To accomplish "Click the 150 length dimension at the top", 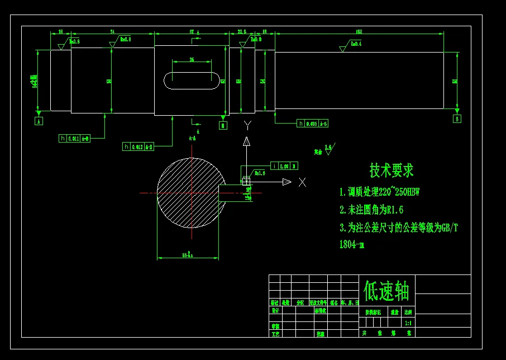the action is [x=359, y=31].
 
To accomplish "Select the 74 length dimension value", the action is [x=112, y=31].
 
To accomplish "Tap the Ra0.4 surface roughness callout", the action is [x=355, y=44].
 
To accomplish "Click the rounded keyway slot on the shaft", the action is [x=192, y=80].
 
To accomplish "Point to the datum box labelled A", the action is [x=39, y=121].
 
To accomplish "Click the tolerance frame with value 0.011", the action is [x=74, y=138].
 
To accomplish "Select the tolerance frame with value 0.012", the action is [x=138, y=146].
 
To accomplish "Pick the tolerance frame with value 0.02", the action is [x=284, y=165].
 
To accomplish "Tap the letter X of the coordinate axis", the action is [x=302, y=182].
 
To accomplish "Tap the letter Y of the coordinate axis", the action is [x=247, y=125].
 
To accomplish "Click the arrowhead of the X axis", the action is [x=287, y=182].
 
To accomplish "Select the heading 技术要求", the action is [x=392, y=170].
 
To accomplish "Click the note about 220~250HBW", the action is [x=379, y=192].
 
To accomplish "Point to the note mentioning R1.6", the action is [x=371, y=210].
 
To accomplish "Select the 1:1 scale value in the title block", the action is [x=408, y=323].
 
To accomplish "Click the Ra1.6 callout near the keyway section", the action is [x=260, y=173].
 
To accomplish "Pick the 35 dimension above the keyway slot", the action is [x=192, y=59].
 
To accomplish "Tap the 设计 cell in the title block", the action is [x=275, y=310].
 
